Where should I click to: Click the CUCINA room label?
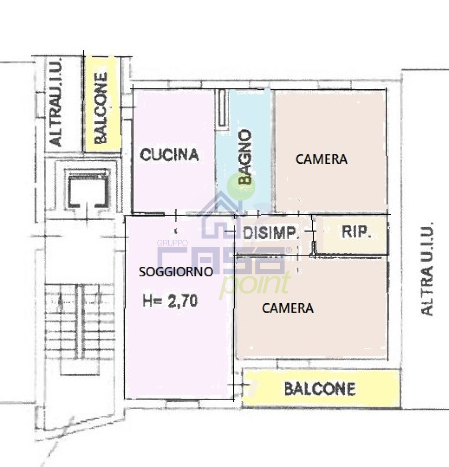[169, 155]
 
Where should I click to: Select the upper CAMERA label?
[321, 159]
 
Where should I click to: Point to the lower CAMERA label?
[288, 308]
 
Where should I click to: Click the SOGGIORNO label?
[176, 272]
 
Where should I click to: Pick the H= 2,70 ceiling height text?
[170, 301]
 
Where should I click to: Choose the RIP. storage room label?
[356, 232]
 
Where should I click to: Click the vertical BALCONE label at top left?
[101, 108]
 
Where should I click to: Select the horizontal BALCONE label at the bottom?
[320, 389]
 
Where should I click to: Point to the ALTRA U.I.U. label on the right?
[427, 269]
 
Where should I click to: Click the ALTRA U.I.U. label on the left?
[56, 102]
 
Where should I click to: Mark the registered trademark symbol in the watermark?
[289, 250]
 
